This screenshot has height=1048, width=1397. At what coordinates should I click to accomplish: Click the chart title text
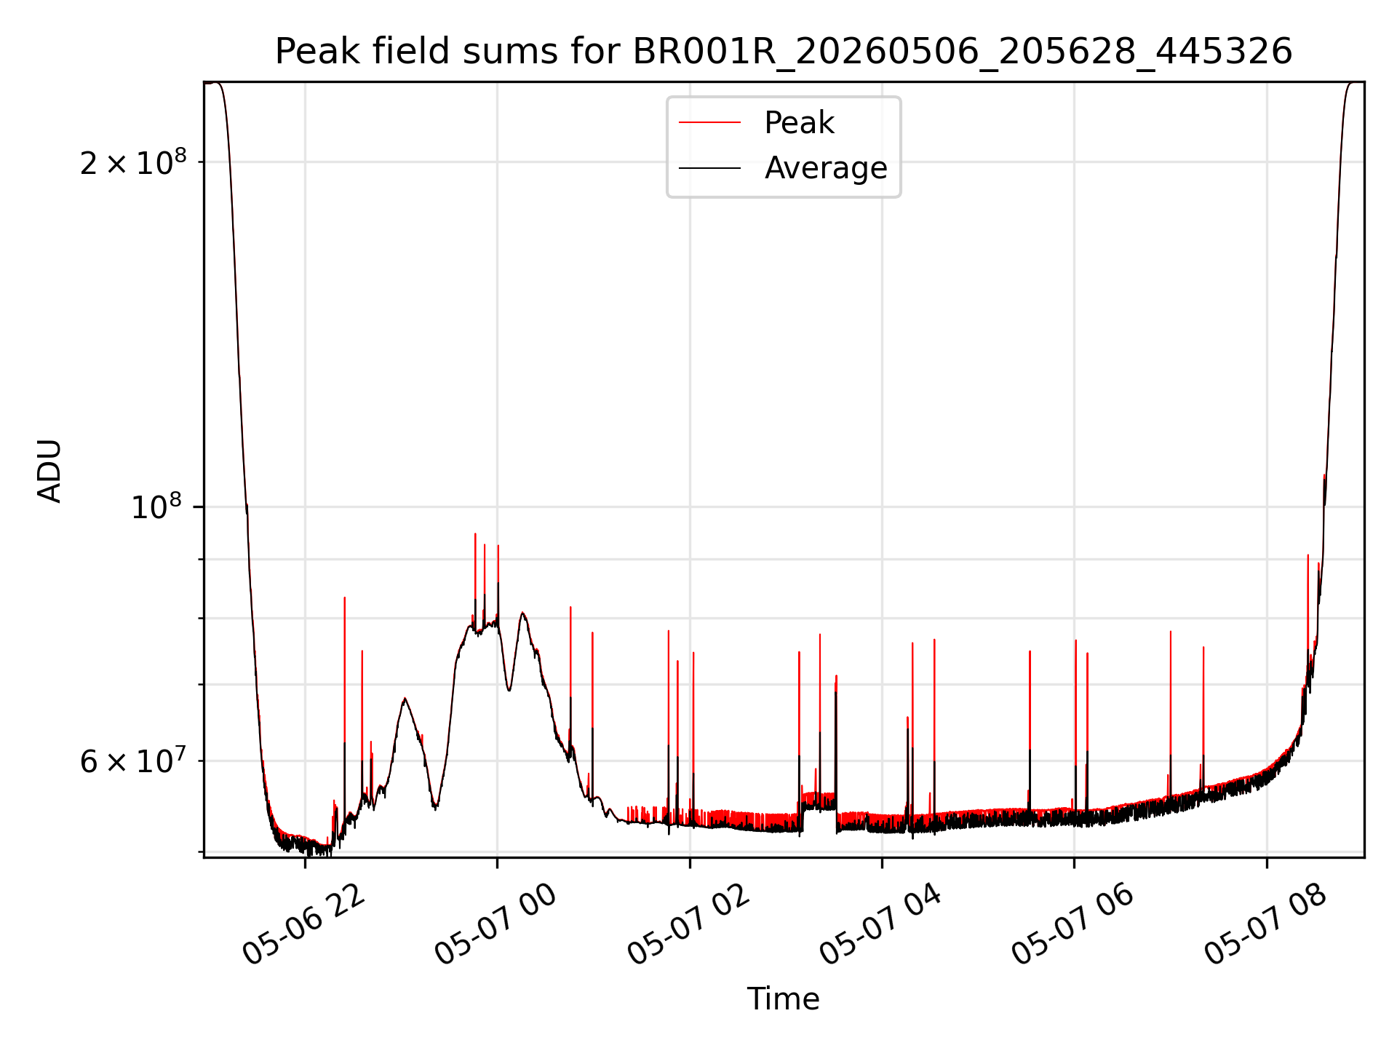coord(784,52)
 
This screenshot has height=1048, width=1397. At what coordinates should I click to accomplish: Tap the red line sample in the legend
coord(709,123)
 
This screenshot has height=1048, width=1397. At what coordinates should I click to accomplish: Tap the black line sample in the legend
coord(709,168)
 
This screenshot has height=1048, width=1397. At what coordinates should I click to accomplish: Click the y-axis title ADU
coord(50,471)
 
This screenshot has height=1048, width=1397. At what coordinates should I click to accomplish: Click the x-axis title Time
coord(783,999)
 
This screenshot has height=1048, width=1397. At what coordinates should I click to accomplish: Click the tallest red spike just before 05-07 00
coord(475,534)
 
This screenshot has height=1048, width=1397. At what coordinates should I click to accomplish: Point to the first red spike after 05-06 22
coord(345,598)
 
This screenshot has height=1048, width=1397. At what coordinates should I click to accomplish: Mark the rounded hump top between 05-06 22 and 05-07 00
coord(405,699)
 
